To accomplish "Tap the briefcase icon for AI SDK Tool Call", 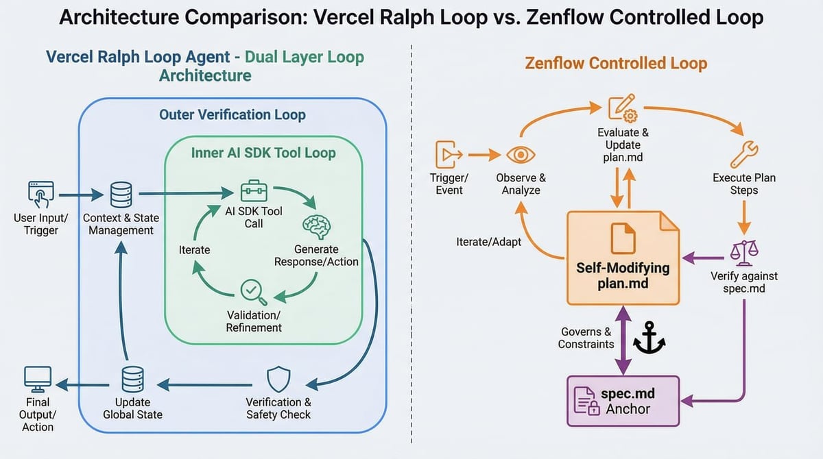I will [x=253, y=191].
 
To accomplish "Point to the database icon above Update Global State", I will [x=132, y=379].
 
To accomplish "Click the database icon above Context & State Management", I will [x=121, y=195].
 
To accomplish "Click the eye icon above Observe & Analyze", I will [x=521, y=155].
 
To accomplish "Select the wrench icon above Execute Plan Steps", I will [x=744, y=153].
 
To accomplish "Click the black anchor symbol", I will [x=648, y=340].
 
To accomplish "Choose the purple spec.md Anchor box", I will [x=622, y=401].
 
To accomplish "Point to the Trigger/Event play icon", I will [x=449, y=154].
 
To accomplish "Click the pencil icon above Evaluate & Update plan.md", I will [x=623, y=110].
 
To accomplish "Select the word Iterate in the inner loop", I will [x=194, y=250].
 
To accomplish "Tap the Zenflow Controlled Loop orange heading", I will [x=616, y=64].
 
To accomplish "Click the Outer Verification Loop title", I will [x=232, y=114].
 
